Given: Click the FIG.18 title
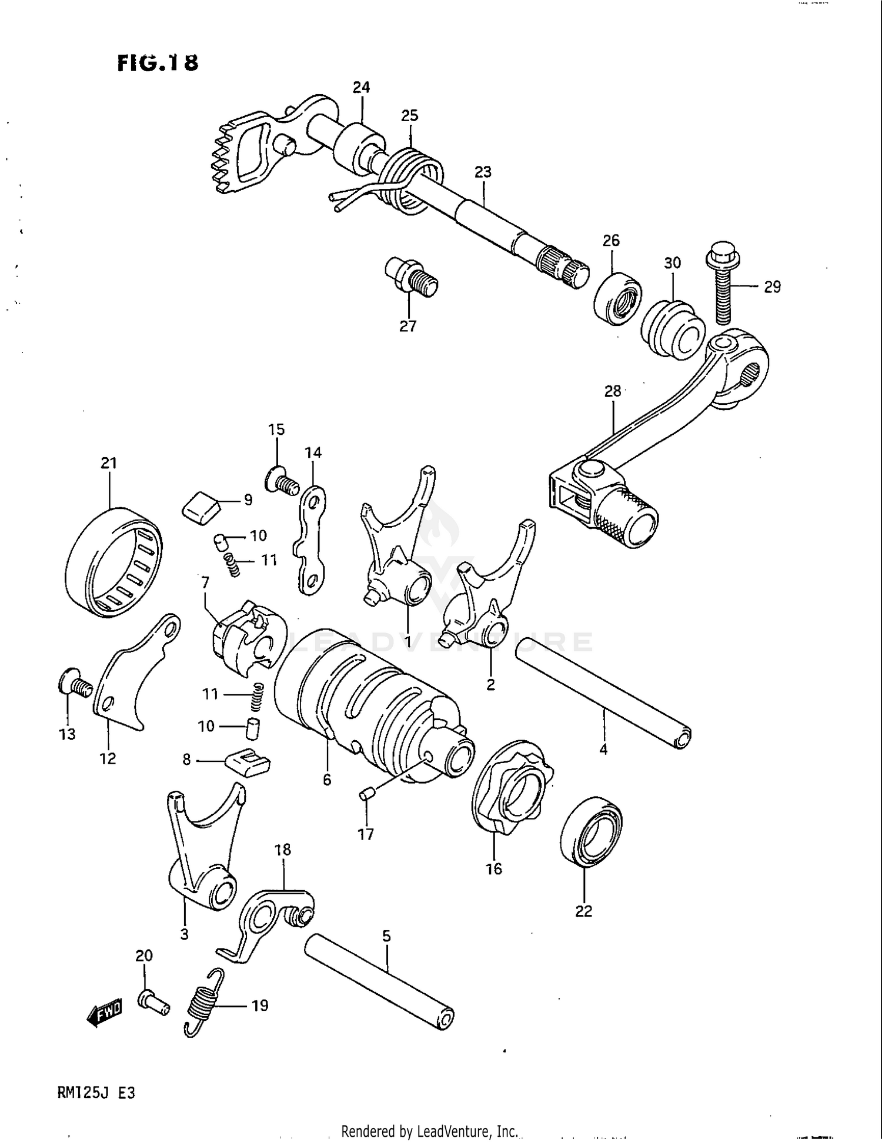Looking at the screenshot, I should pyautogui.click(x=158, y=62).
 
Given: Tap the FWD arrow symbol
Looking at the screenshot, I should pyautogui.click(x=105, y=1012).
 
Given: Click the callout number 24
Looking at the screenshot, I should pyautogui.click(x=361, y=88).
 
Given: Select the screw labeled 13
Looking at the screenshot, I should pyautogui.click(x=75, y=684).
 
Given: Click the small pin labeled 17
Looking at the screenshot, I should pyautogui.click(x=366, y=795).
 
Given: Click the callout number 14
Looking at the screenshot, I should pyautogui.click(x=313, y=452).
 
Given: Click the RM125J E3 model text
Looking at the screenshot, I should pyautogui.click(x=96, y=1093).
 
